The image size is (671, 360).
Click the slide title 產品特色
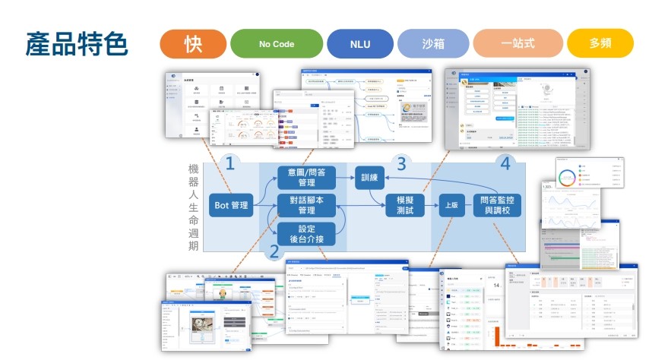coord(77,43)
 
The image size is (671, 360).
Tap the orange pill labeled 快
coord(193,43)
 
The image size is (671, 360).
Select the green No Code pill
coord(276,43)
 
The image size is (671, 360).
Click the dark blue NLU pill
coord(360,43)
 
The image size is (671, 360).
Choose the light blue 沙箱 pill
coord(432,43)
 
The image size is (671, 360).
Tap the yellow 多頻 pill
coord(600,43)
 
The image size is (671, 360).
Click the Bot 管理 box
coord(231,205)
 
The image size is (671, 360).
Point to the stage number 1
coord(229,163)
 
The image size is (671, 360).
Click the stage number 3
coord(401,163)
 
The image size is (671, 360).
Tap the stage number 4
coord(503,163)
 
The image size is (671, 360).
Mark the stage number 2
coord(274,251)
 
